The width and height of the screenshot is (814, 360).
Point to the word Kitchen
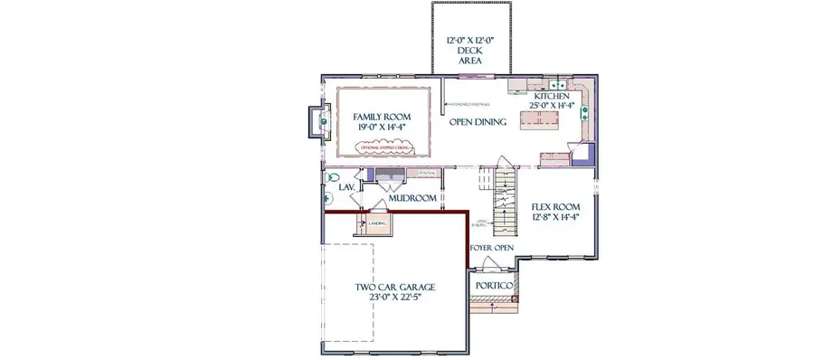tap(551, 96)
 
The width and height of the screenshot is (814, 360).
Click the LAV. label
tap(345, 187)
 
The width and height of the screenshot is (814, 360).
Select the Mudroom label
tap(412, 197)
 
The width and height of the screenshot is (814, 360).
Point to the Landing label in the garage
tap(377, 222)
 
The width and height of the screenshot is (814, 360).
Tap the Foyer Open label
tap(492, 246)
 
